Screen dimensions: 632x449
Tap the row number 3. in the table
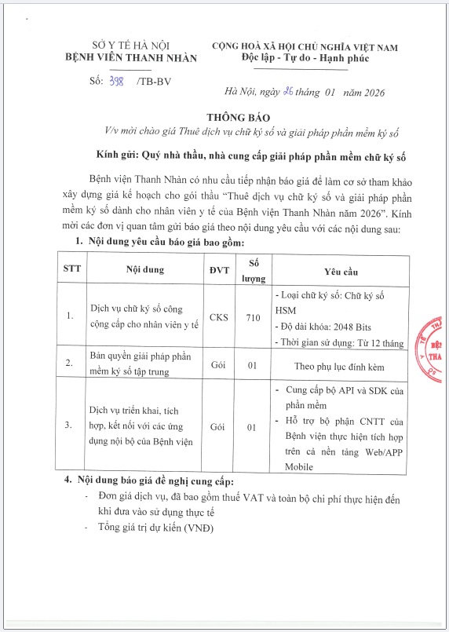70,427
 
